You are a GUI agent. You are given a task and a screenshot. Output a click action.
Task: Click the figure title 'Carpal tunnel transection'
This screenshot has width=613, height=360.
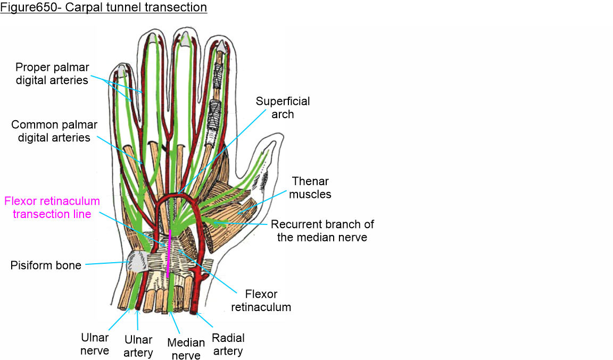pos(103,7)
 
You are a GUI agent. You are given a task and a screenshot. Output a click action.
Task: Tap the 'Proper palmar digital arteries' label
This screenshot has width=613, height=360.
pos(52,73)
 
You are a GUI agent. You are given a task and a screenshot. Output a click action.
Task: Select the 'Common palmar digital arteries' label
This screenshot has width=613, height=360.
pos(54,131)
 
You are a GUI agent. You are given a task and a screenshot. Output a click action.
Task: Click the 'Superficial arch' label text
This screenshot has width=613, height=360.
pos(283,107)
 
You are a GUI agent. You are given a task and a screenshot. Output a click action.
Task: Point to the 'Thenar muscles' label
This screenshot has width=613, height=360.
pos(311,188)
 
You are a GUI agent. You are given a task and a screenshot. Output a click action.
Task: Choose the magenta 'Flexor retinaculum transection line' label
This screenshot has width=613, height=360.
pos(52,207)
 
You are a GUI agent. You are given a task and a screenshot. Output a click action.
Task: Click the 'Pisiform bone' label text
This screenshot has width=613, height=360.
pos(46,265)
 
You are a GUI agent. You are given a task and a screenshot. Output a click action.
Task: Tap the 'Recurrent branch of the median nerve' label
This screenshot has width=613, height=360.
pos(322,231)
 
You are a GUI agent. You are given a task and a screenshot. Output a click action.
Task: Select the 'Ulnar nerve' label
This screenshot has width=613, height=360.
pos(96,344)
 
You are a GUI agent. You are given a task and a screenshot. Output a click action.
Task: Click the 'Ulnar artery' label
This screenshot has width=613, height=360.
pos(138,346)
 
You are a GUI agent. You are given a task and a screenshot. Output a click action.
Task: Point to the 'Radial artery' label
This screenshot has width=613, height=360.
pos(228,344)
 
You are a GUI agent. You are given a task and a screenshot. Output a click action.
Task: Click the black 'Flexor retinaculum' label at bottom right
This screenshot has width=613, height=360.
pos(268,300)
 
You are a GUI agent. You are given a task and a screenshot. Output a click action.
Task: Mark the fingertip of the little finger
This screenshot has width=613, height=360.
pos(122,69)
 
